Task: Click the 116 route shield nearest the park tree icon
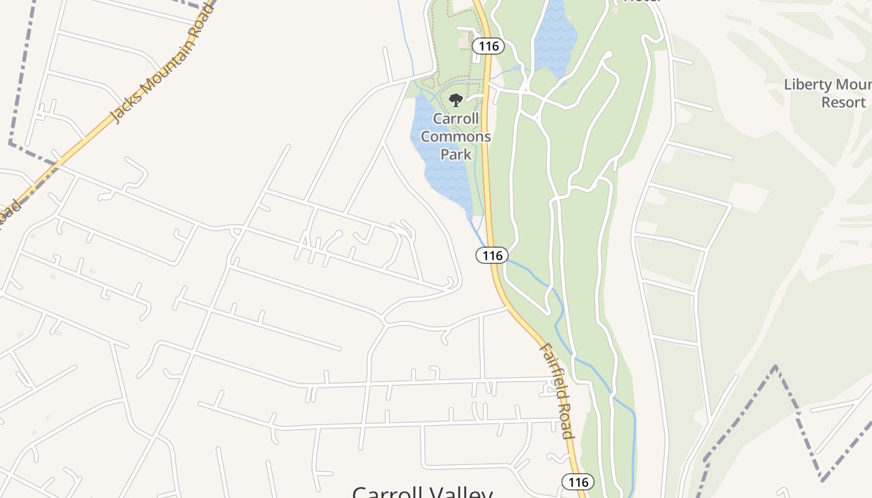[x=487, y=45]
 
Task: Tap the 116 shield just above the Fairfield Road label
[x=492, y=255]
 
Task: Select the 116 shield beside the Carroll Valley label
[x=578, y=482]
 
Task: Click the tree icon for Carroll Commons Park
[x=456, y=100]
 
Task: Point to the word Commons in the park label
[x=456, y=136]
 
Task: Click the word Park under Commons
[x=456, y=154]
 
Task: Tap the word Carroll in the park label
[x=456, y=119]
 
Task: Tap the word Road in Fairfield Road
[x=565, y=423]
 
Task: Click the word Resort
[x=843, y=102]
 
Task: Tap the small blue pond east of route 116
[x=554, y=37]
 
